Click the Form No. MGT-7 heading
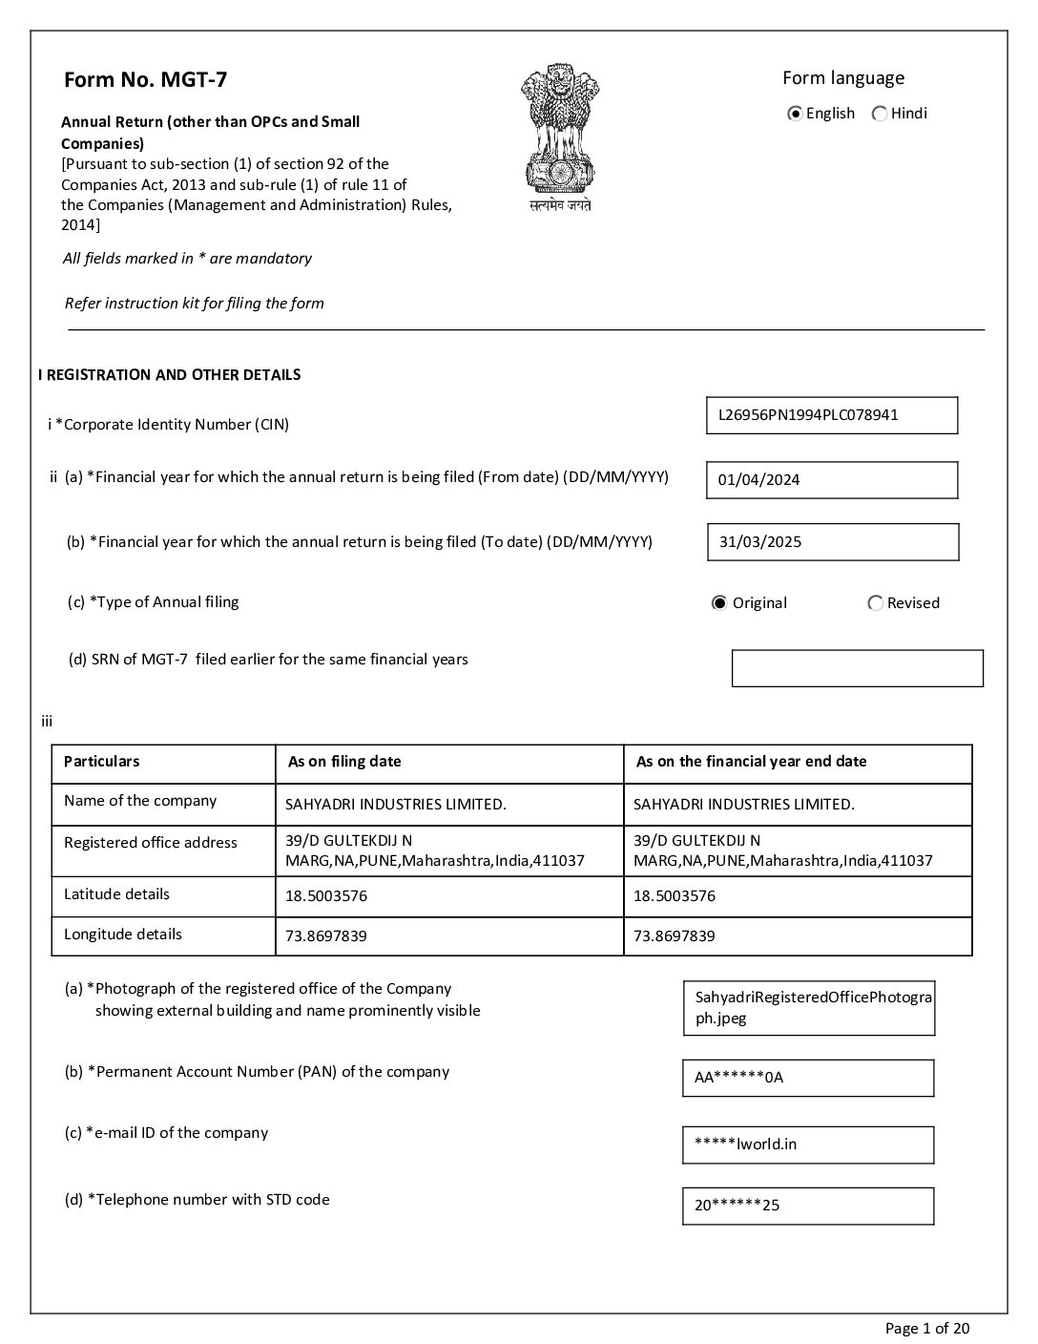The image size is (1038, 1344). [x=145, y=79]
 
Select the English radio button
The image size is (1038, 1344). [x=795, y=114]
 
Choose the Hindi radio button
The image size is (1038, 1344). [x=879, y=114]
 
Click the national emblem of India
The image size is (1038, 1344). [x=560, y=136]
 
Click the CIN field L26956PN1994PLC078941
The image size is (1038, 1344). [x=831, y=415]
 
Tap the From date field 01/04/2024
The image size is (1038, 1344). [x=831, y=480]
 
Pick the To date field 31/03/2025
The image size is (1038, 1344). [x=832, y=542]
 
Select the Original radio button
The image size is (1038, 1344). [x=719, y=603]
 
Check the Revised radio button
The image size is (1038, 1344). [x=875, y=603]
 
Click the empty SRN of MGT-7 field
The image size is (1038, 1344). [x=857, y=668]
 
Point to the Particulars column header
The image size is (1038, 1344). [x=101, y=762]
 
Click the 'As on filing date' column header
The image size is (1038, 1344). [x=344, y=762]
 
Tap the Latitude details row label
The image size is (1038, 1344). [x=116, y=894]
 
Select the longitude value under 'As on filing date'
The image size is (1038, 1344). [x=326, y=936]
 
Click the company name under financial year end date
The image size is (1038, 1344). [x=744, y=805]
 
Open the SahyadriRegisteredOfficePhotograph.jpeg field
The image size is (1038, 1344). [x=808, y=1008]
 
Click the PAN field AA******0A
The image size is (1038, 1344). [x=807, y=1078]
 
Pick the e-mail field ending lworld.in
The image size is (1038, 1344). [x=807, y=1144]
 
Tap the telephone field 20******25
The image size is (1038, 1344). [x=807, y=1206]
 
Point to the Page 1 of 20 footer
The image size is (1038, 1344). [x=927, y=1329]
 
